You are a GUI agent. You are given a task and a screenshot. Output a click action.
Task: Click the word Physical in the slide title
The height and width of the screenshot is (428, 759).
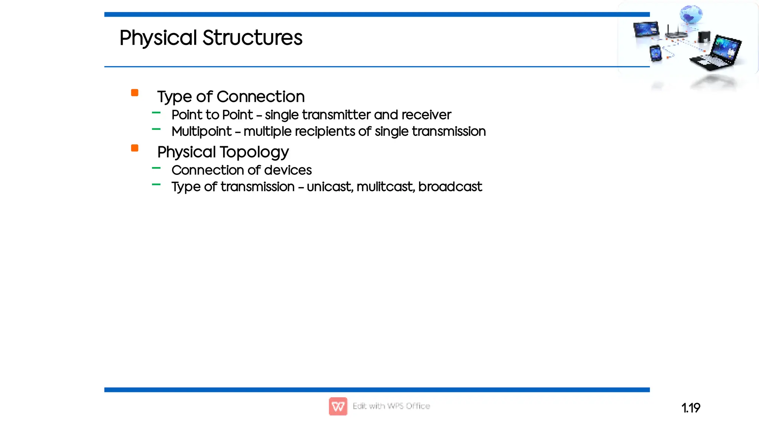point(158,38)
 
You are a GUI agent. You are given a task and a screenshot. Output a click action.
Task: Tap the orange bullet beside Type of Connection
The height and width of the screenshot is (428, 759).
point(135,93)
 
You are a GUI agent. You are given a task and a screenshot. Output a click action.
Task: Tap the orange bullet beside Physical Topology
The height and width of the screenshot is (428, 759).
point(135,148)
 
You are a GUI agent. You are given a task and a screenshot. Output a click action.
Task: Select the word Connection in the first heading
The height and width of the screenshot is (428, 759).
point(261,97)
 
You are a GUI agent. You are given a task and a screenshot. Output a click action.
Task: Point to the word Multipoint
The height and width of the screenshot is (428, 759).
point(202,131)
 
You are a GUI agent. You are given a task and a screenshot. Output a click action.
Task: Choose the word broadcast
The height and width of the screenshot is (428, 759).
point(450,187)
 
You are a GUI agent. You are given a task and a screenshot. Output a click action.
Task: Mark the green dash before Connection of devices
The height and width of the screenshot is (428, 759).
point(156,168)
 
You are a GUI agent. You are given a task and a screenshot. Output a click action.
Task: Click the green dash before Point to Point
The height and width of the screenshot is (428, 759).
point(156,112)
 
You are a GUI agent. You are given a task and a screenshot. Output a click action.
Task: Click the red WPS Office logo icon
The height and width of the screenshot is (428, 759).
point(338,406)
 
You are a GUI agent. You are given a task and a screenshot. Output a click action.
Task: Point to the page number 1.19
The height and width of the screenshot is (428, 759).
point(690,408)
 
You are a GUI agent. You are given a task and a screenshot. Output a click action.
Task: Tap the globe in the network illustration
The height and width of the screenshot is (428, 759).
point(690,14)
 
